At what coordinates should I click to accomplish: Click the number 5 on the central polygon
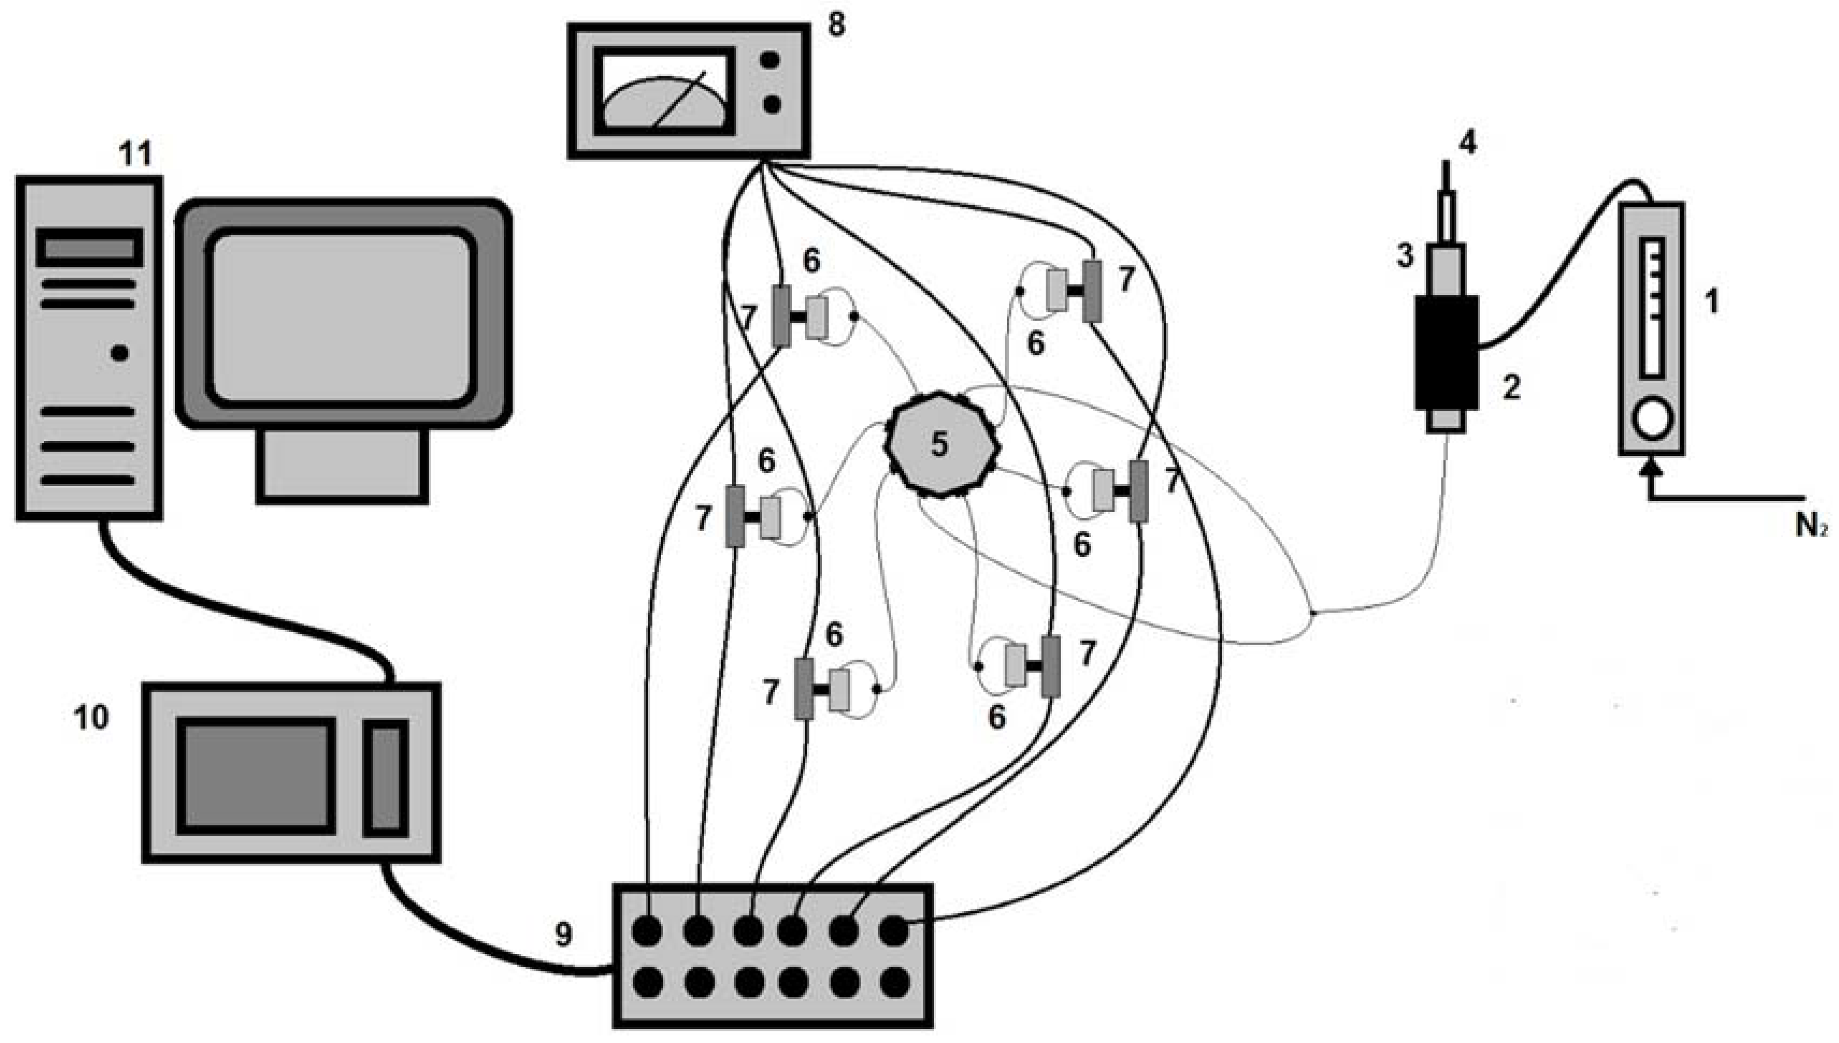coord(939,444)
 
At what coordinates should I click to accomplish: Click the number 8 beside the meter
coord(836,26)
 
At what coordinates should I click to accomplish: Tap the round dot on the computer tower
coord(120,352)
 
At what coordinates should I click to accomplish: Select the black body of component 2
coord(1446,352)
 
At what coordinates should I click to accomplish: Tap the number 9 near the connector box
coord(563,934)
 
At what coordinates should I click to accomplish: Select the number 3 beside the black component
coord(1405,255)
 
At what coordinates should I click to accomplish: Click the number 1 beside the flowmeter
coord(1712,302)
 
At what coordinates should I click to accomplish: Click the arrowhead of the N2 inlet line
coord(1651,468)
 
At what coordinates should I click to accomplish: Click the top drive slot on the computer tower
coord(90,248)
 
